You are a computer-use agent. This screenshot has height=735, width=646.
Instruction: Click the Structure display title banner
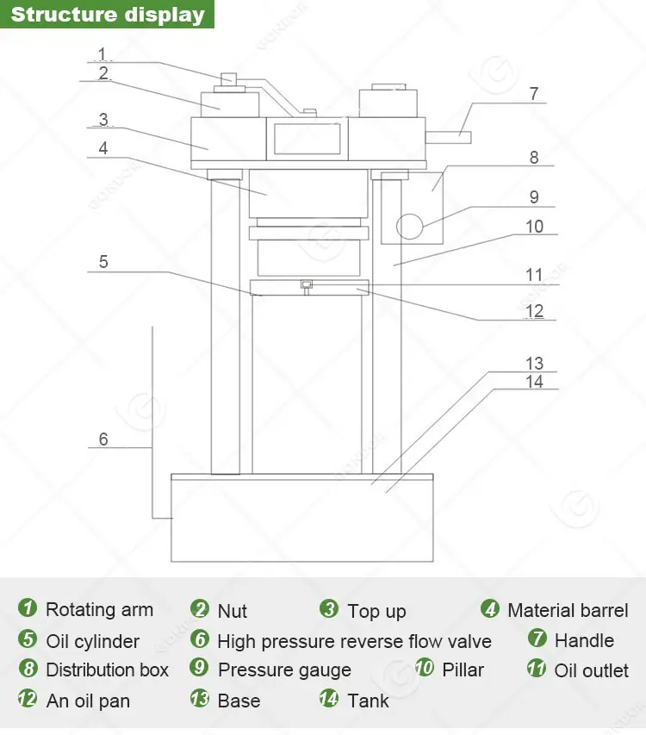[x=107, y=16]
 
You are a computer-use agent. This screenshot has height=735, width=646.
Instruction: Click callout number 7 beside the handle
[x=534, y=94]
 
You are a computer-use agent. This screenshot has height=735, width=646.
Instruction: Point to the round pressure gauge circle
[x=410, y=226]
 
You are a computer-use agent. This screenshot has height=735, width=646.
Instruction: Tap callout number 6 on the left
[x=103, y=439]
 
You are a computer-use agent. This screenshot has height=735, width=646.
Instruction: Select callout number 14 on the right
[x=535, y=381]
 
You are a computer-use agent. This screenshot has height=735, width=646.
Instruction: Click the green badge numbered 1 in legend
[x=28, y=608]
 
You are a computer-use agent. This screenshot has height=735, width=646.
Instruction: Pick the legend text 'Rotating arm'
[x=99, y=610]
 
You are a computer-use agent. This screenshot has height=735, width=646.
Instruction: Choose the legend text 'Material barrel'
[x=568, y=611]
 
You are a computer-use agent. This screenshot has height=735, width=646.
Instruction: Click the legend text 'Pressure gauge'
[x=284, y=670]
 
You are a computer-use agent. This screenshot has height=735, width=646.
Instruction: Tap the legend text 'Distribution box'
[x=107, y=670]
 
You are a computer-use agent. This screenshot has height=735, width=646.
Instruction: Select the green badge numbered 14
[x=329, y=699]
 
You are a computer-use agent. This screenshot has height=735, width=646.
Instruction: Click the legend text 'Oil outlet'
[x=591, y=670]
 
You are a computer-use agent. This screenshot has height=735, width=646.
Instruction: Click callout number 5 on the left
[x=103, y=261]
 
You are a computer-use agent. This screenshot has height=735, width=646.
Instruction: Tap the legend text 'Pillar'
[x=463, y=670]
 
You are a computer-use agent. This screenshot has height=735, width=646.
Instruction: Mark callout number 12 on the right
[x=535, y=310]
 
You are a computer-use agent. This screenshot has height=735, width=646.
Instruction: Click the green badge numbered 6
[x=200, y=639]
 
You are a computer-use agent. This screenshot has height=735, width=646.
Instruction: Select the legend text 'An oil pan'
[x=88, y=701]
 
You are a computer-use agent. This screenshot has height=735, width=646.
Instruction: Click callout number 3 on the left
[x=102, y=119]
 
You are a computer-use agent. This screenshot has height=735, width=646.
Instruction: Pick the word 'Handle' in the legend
[x=584, y=640]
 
